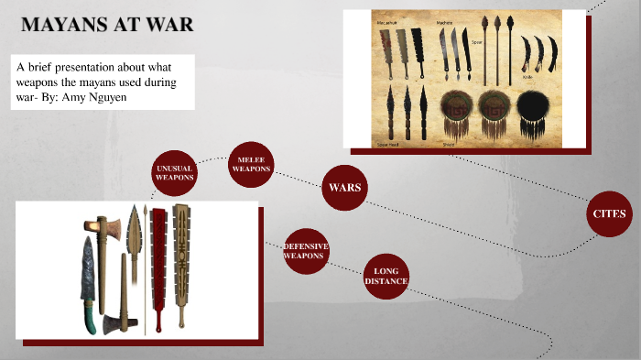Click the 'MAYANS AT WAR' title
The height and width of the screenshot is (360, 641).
pos(107,25)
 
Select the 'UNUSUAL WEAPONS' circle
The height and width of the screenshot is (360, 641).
pos(174,174)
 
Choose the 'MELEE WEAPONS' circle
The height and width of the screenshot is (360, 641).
pos(251,166)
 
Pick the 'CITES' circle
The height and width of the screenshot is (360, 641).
pos(609,213)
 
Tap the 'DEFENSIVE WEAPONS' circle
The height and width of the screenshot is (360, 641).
pos(305,251)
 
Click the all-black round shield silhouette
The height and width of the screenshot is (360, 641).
pos(534,113)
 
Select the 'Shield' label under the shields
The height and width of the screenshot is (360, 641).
pos(449,144)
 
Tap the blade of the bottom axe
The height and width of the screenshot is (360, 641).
pos(113,322)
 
